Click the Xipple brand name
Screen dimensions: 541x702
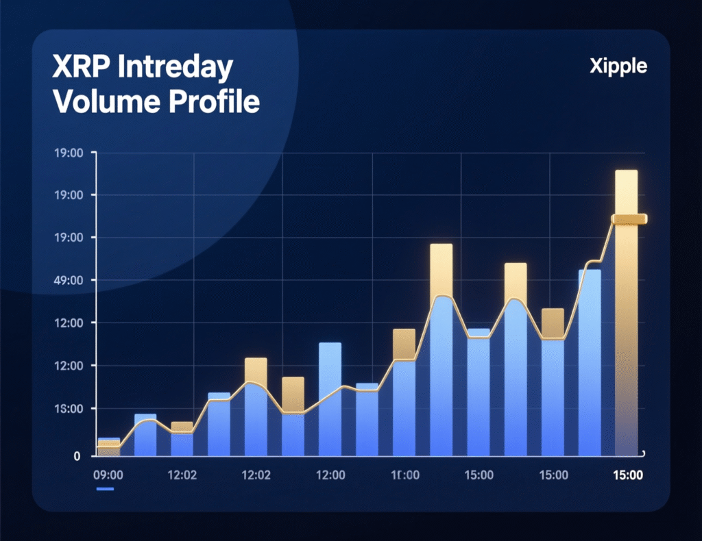point(618,66)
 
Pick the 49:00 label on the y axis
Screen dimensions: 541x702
point(67,280)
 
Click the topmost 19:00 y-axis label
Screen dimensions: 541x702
point(67,153)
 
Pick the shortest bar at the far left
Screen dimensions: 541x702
point(109,447)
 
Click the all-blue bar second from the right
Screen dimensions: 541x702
point(589,363)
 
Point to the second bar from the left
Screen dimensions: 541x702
point(145,436)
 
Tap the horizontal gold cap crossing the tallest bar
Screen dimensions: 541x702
point(629,219)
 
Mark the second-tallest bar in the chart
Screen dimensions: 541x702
point(441,349)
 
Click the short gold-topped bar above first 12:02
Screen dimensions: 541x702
point(182,439)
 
